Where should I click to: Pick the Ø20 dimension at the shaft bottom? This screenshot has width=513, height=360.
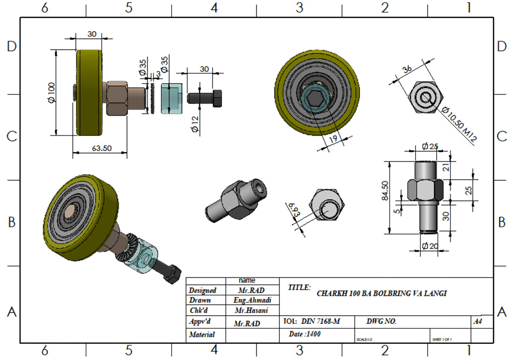pos(430,247)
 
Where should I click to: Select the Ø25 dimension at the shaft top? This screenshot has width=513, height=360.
pos(430,147)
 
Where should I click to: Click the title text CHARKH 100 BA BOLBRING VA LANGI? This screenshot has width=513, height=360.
pos(382,294)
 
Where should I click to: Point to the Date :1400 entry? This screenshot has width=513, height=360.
pos(306,335)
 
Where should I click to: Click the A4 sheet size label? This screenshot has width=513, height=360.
pos(477,322)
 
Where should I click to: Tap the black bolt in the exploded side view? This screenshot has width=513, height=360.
pos(205,98)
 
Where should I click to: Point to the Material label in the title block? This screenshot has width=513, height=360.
pos(202,335)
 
